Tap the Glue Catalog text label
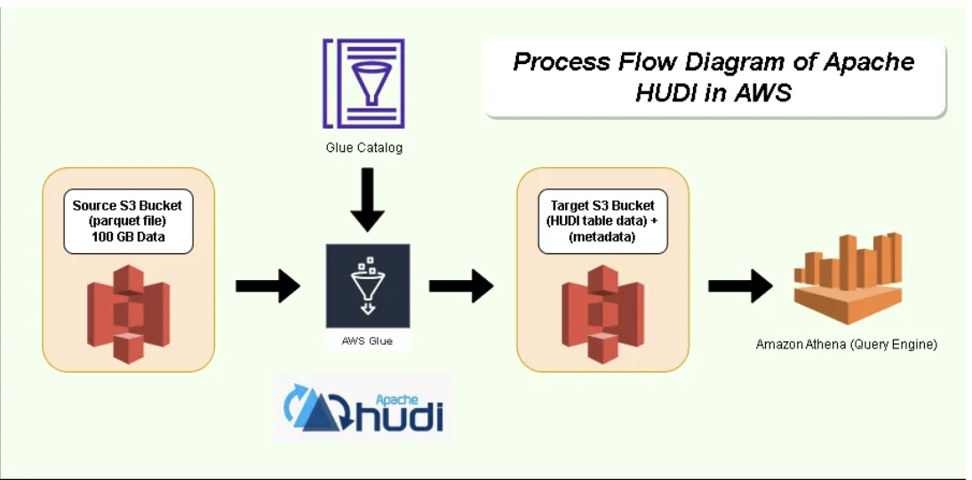tap(363, 148)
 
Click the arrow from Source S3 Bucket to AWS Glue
tap(267, 286)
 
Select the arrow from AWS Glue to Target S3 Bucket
tap(461, 286)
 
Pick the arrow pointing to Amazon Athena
tap(740, 286)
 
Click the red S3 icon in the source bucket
tap(128, 313)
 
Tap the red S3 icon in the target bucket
tap(603, 313)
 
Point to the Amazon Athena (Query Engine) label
tap(846, 344)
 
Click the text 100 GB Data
tap(128, 236)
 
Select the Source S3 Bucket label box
tap(128, 221)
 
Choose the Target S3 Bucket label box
tap(602, 221)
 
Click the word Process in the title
tap(560, 62)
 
